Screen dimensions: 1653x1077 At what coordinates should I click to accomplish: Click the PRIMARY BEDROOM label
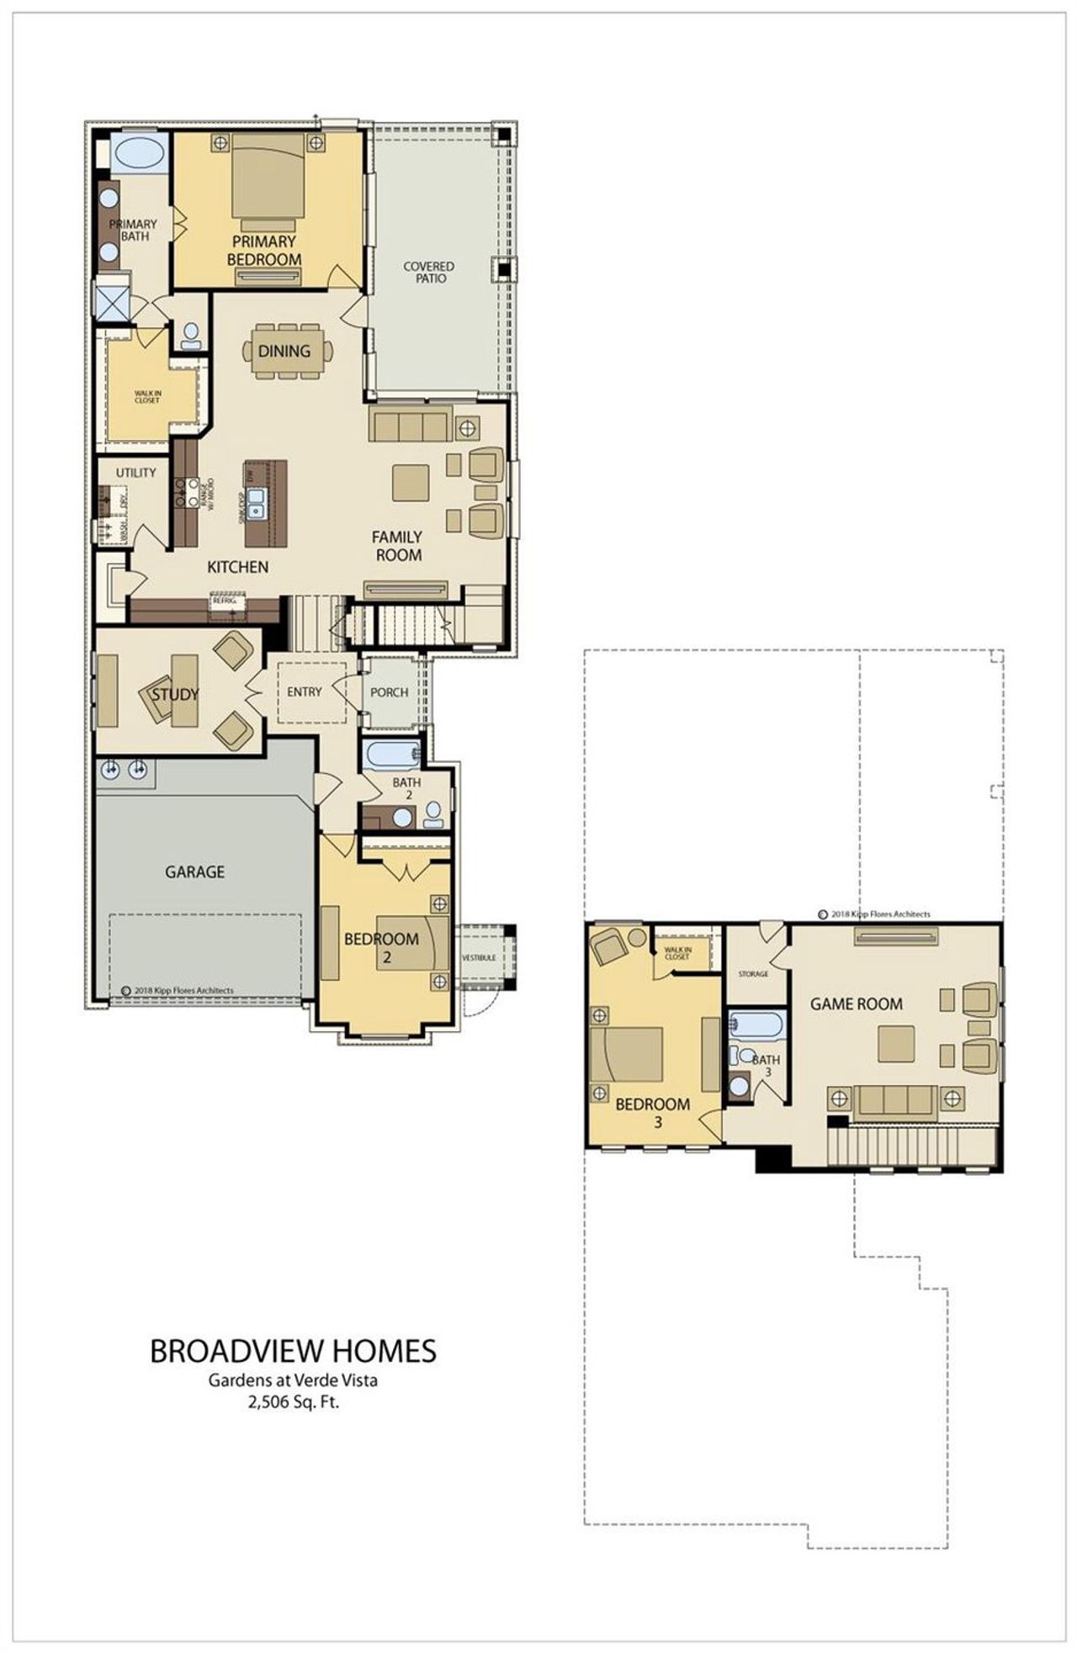(x=263, y=251)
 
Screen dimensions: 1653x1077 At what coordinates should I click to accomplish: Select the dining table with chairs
(x=285, y=352)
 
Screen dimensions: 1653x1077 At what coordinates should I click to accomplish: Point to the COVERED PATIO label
(x=428, y=272)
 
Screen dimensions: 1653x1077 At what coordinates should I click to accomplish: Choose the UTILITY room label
(x=136, y=473)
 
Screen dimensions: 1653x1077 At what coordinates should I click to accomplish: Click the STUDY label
(x=175, y=694)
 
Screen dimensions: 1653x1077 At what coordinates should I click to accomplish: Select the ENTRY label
(x=305, y=691)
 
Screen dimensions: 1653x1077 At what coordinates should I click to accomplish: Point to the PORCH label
(x=390, y=692)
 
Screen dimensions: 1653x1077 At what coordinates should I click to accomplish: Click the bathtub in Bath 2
(x=392, y=753)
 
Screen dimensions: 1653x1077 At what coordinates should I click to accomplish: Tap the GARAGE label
(x=194, y=872)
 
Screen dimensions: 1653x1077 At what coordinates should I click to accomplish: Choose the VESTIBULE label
(x=479, y=957)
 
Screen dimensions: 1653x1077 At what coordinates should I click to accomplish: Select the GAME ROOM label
(x=856, y=1004)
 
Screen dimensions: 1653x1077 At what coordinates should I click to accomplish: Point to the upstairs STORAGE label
(x=753, y=974)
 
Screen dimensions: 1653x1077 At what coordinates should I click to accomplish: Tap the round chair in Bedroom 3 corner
(x=637, y=937)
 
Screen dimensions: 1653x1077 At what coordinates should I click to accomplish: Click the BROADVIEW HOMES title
(x=293, y=1350)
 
